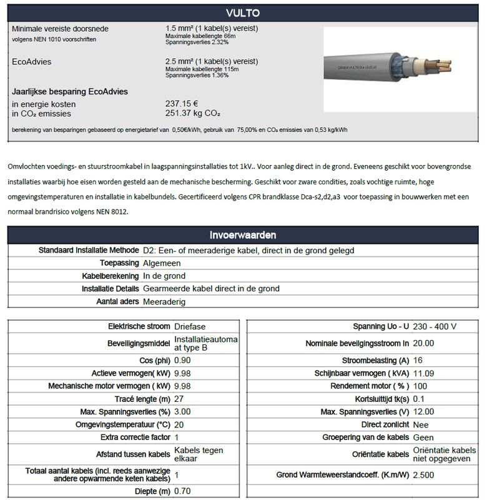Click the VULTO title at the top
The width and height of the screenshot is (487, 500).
[x=243, y=13]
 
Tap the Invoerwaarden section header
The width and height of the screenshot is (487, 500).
[x=243, y=235]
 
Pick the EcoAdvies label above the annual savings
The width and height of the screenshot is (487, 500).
[x=32, y=62]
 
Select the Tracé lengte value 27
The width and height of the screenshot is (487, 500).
[x=179, y=399]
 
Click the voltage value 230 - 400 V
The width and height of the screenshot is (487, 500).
[x=435, y=326]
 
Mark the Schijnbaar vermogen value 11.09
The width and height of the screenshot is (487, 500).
[x=425, y=373]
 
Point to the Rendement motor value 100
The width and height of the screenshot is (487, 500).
[x=421, y=386]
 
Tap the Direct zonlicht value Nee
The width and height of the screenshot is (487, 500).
[x=421, y=424]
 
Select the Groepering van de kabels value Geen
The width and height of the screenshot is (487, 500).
[x=423, y=437]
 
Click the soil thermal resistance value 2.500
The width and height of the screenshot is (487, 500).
[x=425, y=475]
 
